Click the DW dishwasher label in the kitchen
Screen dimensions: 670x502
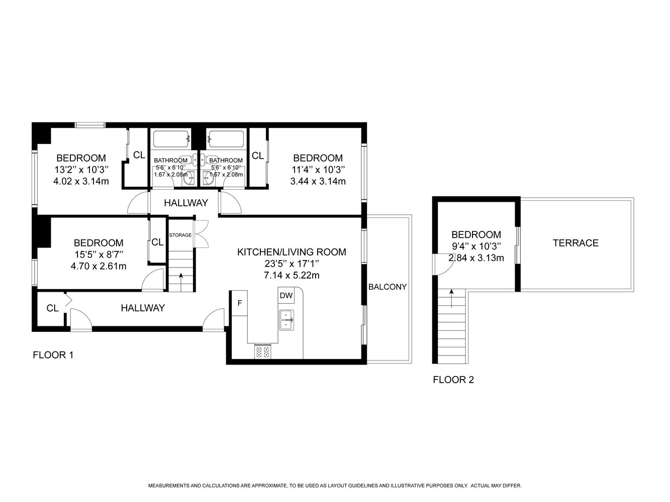[285, 295]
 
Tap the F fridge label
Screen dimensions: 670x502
[240, 303]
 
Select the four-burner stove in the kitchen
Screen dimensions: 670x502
[262, 351]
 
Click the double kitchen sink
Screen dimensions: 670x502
[286, 320]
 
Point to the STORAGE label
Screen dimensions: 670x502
[180, 235]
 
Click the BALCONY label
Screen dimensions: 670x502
[388, 287]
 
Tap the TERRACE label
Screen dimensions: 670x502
[576, 243]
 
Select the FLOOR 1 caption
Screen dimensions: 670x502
[53, 355]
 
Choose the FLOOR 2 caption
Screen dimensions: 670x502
[453, 380]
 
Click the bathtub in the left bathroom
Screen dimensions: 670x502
[171, 139]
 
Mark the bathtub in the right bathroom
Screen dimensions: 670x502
[226, 139]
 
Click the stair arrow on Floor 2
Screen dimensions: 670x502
[451, 299]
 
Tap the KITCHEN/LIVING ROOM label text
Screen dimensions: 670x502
[292, 252]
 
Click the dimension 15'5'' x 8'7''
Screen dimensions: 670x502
[99, 254]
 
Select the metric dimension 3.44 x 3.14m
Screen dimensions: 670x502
[318, 181]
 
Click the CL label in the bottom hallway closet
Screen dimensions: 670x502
[52, 308]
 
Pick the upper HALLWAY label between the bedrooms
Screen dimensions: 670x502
[186, 203]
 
